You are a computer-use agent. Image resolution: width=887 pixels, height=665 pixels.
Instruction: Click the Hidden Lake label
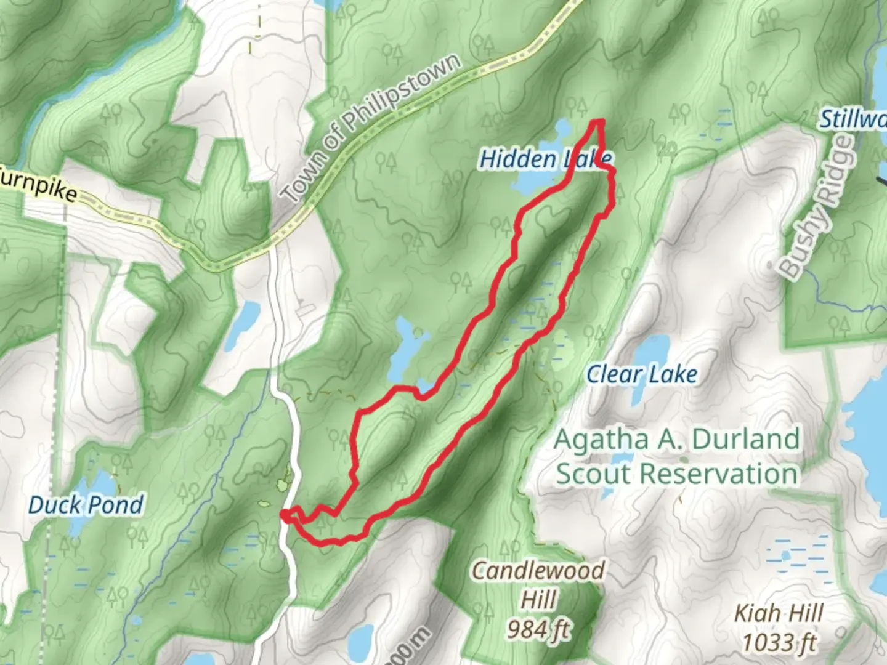545,159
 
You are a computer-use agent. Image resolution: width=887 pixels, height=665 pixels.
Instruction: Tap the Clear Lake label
642,374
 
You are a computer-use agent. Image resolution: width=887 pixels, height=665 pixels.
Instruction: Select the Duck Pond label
86,505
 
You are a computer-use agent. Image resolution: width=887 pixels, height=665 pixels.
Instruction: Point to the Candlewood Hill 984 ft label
538,598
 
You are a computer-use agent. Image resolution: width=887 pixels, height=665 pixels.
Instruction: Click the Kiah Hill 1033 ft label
779,628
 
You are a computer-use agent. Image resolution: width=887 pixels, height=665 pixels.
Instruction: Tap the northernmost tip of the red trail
597,121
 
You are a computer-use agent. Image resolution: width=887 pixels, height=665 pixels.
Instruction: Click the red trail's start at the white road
285,514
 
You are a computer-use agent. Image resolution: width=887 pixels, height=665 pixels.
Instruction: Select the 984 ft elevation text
538,629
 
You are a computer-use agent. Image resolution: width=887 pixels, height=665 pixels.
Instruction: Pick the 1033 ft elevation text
779,642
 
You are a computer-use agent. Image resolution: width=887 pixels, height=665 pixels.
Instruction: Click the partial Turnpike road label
39,185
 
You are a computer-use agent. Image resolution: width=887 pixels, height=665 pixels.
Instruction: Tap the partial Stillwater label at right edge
853,119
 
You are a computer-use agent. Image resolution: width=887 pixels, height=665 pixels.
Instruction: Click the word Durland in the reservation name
745,440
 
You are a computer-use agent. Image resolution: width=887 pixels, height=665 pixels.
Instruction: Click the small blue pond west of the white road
247,323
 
